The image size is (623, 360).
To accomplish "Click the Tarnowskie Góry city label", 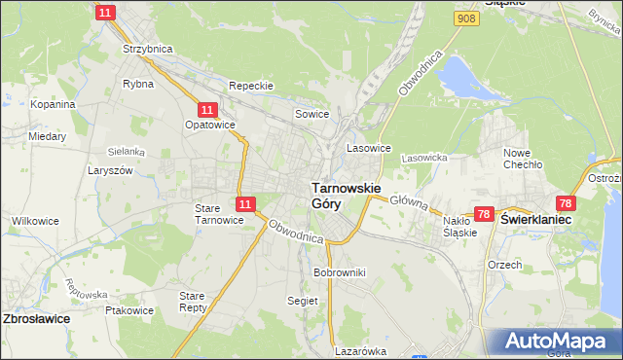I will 345,195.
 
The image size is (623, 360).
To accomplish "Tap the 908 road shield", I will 466,18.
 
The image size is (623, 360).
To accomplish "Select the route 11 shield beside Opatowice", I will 206,111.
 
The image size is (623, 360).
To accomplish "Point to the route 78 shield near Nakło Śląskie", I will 485,214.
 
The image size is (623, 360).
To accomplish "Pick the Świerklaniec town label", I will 535,221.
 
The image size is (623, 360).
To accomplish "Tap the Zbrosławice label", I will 36,319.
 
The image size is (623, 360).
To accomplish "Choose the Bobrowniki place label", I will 339,272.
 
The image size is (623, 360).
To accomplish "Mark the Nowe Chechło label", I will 522,158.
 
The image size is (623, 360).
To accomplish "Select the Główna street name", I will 409,203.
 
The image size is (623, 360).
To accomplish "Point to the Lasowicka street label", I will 423,157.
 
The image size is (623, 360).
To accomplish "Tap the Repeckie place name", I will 251,86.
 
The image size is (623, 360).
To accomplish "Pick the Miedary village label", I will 47,137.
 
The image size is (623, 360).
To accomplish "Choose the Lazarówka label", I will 360,351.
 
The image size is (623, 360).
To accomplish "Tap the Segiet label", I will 303,302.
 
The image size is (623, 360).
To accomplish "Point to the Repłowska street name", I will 85,289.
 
